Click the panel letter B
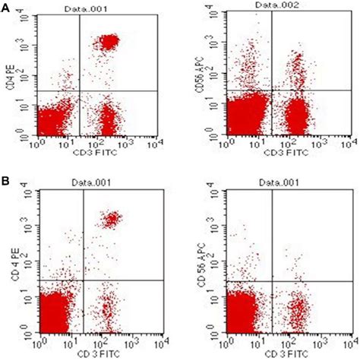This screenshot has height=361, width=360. click(x=5, y=184)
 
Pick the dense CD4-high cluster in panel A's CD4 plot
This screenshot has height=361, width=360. click(x=108, y=43)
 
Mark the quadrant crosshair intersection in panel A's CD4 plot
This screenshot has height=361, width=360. click(x=79, y=91)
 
